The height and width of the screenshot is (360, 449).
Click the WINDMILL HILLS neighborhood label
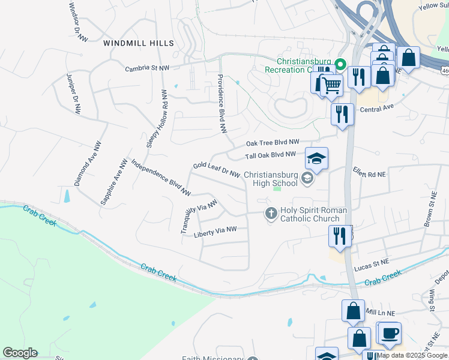click(x=138, y=43)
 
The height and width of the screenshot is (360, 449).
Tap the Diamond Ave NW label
click(x=88, y=164)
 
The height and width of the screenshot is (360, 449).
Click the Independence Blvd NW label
click(x=160, y=177)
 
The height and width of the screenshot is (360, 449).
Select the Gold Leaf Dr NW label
click(x=217, y=169)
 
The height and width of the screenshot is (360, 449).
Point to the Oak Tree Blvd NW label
click(x=273, y=143)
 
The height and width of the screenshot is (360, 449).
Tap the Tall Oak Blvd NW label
click(x=270, y=155)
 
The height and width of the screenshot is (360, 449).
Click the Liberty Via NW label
click(x=215, y=231)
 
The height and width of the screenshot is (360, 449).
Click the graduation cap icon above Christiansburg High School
click(x=316, y=159)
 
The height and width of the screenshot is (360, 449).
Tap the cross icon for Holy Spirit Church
click(x=271, y=213)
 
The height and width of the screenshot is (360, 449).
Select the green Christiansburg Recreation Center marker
click(x=340, y=63)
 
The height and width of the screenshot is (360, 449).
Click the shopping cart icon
click(x=329, y=85)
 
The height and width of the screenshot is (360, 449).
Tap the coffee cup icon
click(x=389, y=332)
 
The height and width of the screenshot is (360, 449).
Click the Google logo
click(x=20, y=353)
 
